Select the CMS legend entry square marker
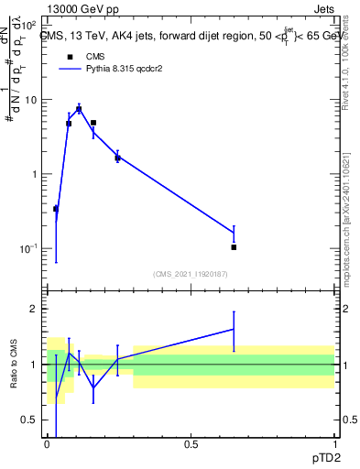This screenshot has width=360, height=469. click(x=70, y=57)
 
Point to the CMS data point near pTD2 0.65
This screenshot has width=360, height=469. click(x=234, y=247)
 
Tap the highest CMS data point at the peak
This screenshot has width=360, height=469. click(x=79, y=109)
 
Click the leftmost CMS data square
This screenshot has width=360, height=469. click(x=56, y=209)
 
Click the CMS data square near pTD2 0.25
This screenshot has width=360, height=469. click(x=117, y=158)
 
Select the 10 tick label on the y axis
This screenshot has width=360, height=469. click(x=31, y=100)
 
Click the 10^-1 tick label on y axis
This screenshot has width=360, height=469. click(x=27, y=248)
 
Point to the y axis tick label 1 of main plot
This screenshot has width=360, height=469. click(x=35, y=174)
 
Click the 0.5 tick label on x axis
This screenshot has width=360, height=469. click(x=191, y=444)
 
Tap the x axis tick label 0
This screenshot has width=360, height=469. click(x=48, y=444)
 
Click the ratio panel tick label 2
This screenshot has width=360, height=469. click(x=35, y=309)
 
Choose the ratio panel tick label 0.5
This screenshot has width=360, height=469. click(x=31, y=420)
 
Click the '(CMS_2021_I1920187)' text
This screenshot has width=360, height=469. click(x=191, y=273)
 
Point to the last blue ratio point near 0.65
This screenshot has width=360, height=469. click(x=234, y=329)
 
